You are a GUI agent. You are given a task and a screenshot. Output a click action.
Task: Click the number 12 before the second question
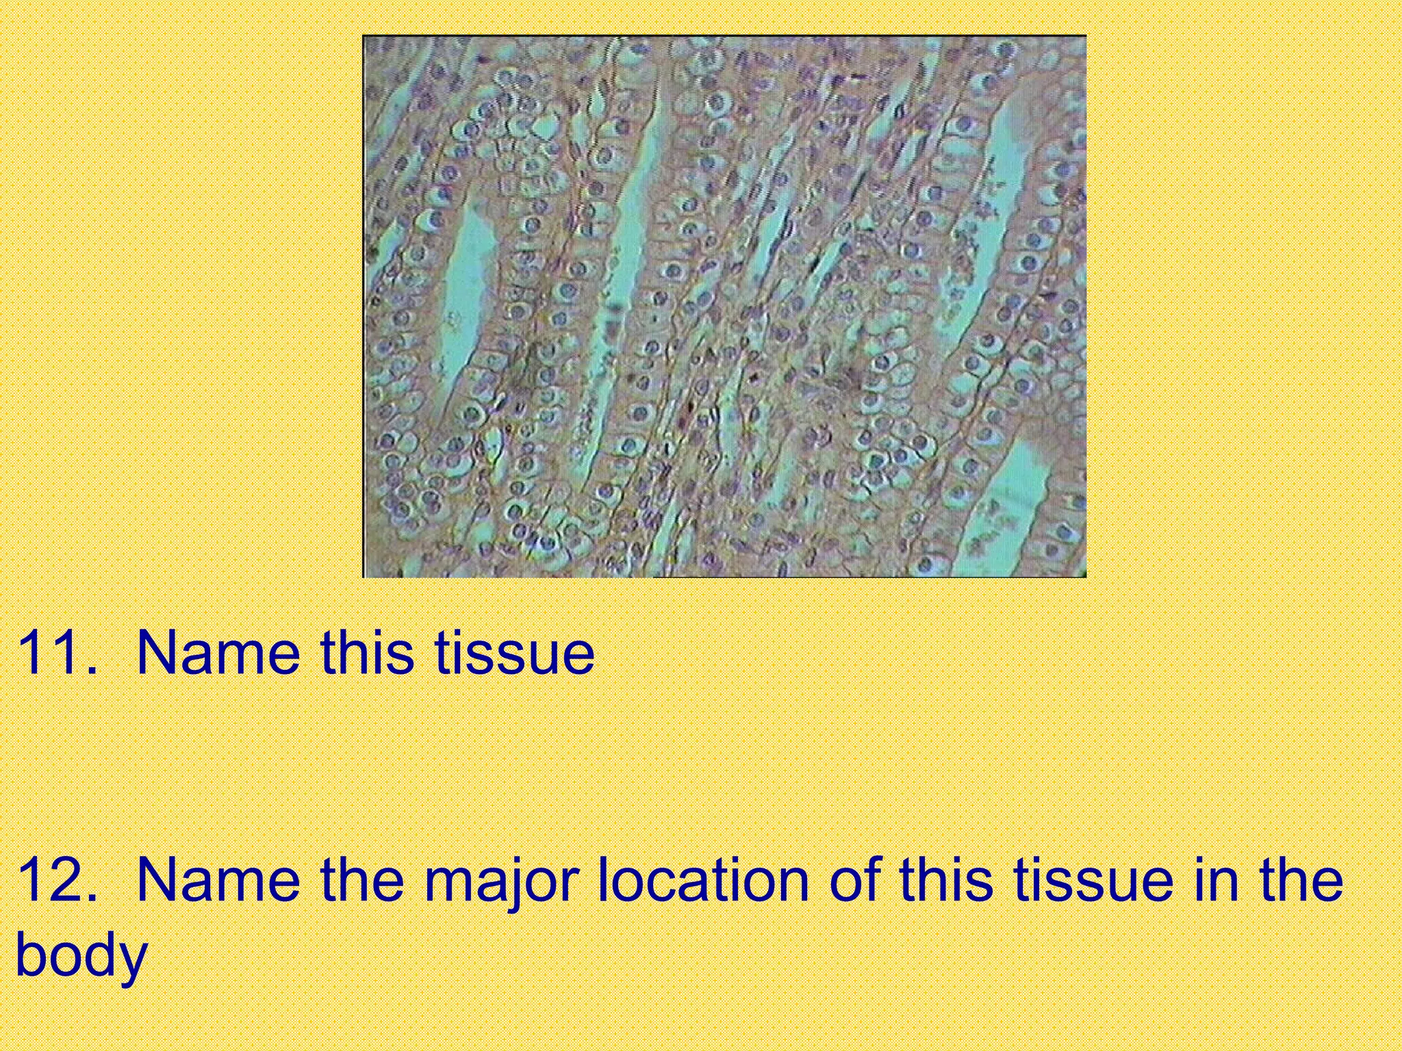click(52, 879)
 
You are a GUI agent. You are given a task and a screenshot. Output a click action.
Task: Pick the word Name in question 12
click(218, 879)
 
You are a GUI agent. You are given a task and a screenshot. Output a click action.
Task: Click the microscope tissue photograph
click(724, 307)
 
